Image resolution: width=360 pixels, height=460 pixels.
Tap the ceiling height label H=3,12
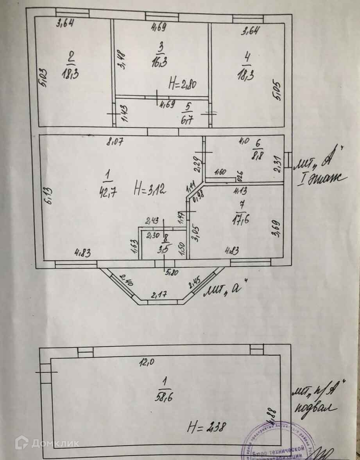click(150, 190)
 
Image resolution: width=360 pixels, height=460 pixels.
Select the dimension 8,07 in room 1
click(116, 142)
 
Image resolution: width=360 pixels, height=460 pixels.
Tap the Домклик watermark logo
click(47, 443)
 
